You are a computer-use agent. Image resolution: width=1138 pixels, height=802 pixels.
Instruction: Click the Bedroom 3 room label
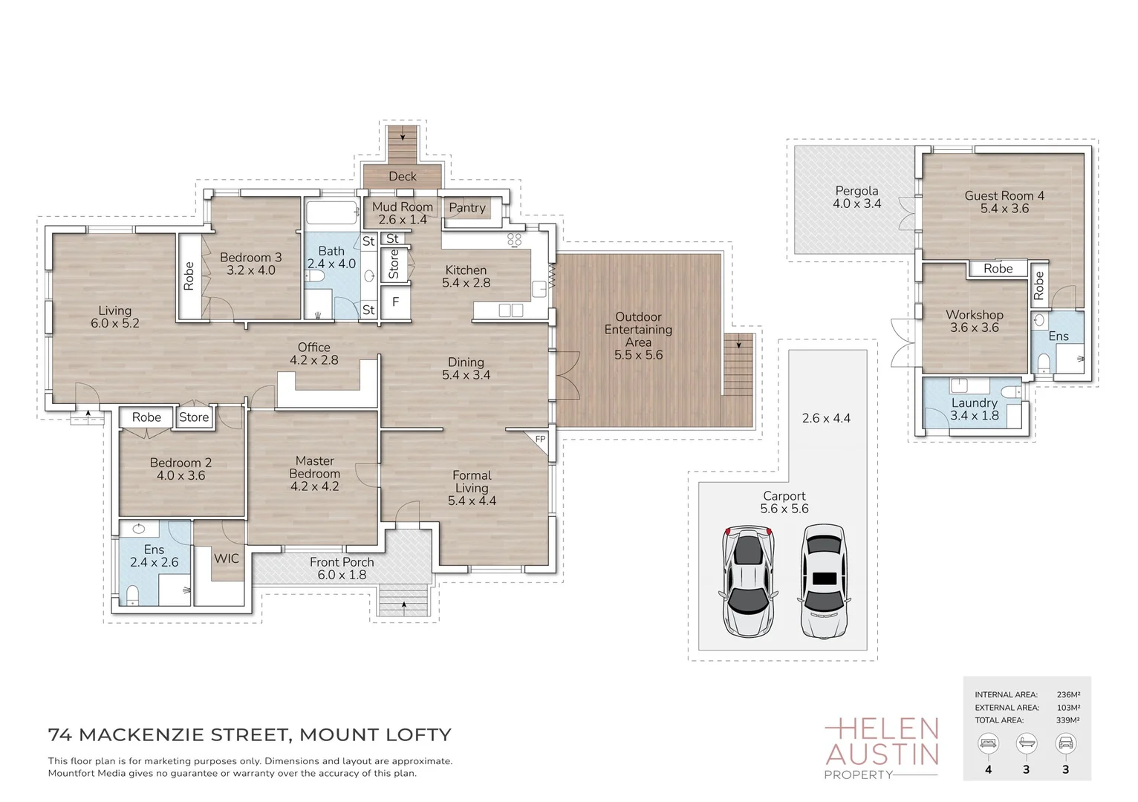pyautogui.click(x=250, y=258)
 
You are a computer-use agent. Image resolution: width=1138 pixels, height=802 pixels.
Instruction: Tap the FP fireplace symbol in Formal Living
pyautogui.click(x=540, y=440)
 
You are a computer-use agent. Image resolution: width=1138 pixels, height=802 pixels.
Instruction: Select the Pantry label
pyautogui.click(x=466, y=208)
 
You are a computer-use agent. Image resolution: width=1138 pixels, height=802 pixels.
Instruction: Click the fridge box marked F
pyautogui.click(x=395, y=302)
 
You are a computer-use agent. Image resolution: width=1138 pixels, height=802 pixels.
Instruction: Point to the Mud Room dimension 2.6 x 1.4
pyautogui.click(x=403, y=220)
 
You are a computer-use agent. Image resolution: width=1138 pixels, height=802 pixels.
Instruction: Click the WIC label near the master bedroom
pyautogui.click(x=227, y=558)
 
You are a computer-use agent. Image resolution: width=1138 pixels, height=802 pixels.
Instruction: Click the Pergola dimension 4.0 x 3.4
pyautogui.click(x=856, y=203)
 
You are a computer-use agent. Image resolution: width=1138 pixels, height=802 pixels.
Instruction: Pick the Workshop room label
pyautogui.click(x=974, y=315)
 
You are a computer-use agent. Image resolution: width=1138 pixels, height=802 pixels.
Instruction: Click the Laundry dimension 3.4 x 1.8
pyautogui.click(x=974, y=416)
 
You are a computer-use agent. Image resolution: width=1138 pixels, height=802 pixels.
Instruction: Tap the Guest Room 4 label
pyautogui.click(x=1004, y=195)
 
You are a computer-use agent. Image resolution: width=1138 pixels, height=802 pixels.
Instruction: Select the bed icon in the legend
pyautogui.click(x=988, y=743)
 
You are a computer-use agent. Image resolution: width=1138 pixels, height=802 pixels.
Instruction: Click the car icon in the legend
pyautogui.click(x=1065, y=743)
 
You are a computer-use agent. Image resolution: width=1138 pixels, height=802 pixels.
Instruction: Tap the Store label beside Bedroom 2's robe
pyautogui.click(x=194, y=417)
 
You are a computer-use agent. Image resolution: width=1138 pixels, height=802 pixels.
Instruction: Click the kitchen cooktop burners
pyautogui.click(x=514, y=239)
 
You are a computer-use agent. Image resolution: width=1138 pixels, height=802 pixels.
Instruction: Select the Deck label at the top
pyautogui.click(x=403, y=176)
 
